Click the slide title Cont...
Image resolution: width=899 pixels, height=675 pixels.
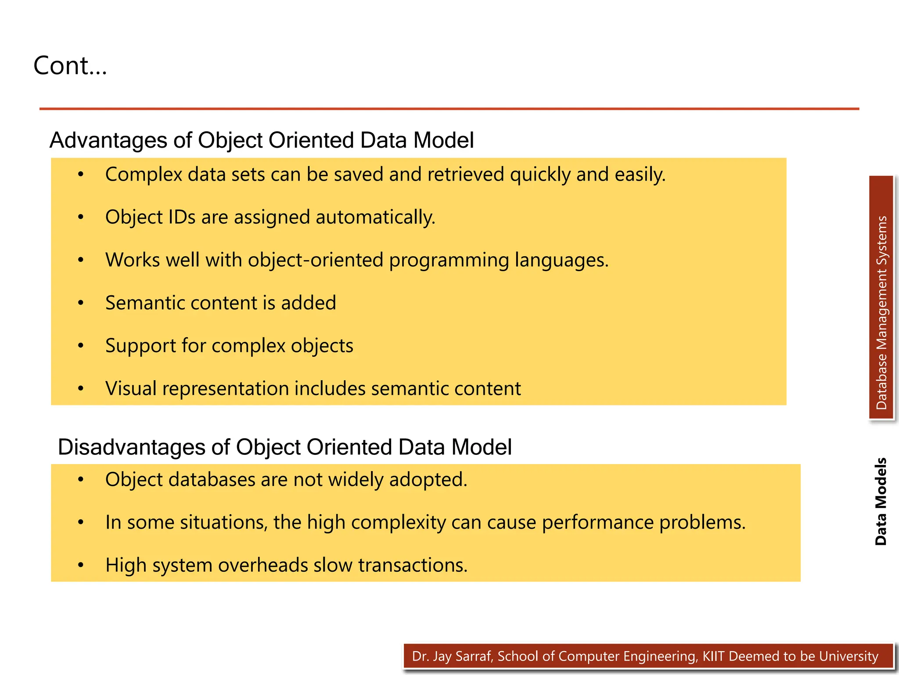tap(70, 66)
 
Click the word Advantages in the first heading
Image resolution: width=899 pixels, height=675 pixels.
tap(108, 141)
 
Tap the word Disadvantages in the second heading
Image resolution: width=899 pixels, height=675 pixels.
tap(131, 447)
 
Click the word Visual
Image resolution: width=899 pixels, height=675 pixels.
tap(131, 389)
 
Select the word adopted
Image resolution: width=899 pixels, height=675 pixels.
tap(428, 479)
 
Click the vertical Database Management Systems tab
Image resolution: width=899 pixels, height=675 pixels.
tap(881, 299)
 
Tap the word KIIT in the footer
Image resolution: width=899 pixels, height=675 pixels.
tap(713, 657)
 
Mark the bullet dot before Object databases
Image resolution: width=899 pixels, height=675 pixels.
tap(80, 479)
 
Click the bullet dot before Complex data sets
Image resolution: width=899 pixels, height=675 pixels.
tap(80, 175)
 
